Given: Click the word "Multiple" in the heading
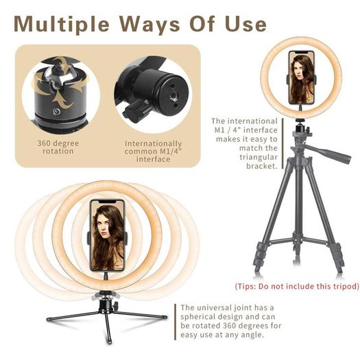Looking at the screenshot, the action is click(62, 24).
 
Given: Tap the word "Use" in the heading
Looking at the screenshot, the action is click(245, 23).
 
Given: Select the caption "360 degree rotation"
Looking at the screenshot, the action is click(58, 147).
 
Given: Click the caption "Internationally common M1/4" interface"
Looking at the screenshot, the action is click(153, 152).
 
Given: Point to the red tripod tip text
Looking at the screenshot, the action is click(297, 287).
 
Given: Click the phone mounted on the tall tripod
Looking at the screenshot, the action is click(302, 77).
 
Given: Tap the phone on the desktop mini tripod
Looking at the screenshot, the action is click(107, 235).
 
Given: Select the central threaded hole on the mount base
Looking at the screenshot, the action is click(172, 95).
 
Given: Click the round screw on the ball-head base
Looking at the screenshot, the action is click(56, 112).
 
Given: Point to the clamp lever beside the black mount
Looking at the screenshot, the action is click(136, 111).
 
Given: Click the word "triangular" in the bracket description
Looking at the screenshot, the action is click(259, 157).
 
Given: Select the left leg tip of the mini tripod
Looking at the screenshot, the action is click(48, 319).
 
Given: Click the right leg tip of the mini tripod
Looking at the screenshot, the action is click(165, 317).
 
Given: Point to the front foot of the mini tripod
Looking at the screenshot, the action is click(110, 342).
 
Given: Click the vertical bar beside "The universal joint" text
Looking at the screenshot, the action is click(175, 322).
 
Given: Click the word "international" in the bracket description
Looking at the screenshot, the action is click(252, 121).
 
